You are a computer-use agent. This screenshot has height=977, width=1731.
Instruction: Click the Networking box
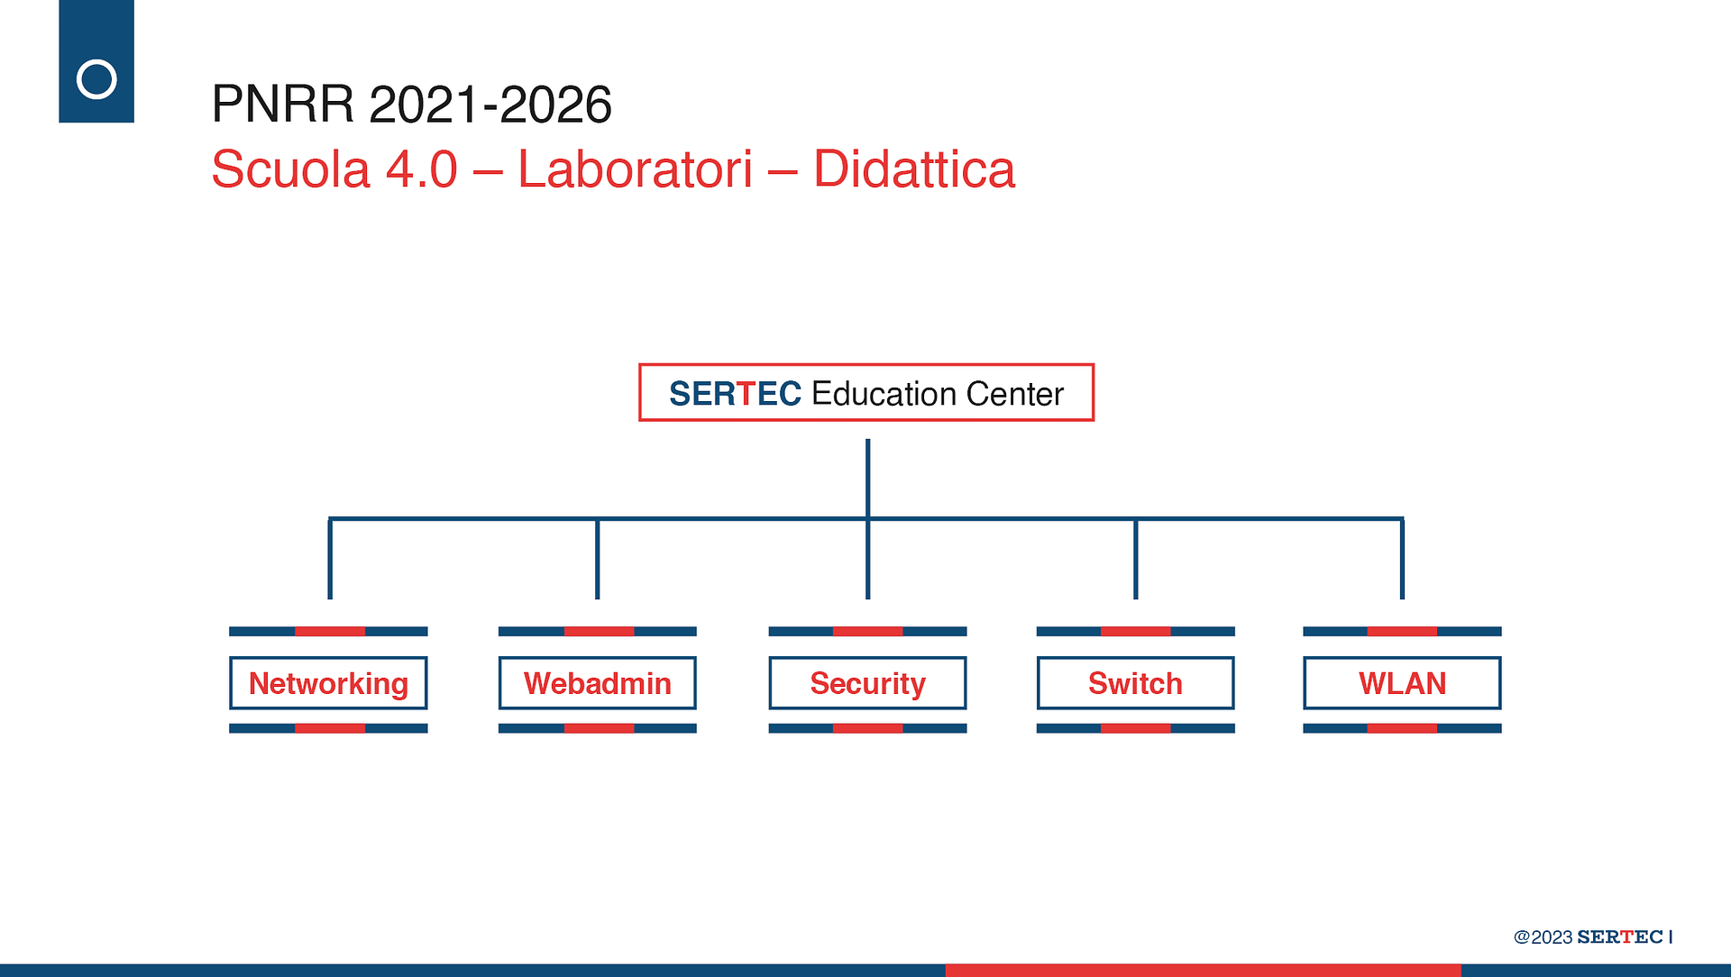(328, 683)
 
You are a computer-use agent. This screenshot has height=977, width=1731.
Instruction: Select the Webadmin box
(597, 683)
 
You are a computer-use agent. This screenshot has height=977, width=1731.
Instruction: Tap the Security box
(867, 683)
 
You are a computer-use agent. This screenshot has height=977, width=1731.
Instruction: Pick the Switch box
(1135, 683)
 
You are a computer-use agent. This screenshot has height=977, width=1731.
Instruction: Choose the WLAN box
(1402, 683)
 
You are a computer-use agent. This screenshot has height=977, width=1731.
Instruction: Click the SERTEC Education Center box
(866, 392)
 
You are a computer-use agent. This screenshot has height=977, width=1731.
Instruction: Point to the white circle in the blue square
(96, 79)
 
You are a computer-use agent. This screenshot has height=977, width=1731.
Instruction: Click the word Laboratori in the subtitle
(635, 169)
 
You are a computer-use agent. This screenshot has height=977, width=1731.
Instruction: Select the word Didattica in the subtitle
(914, 169)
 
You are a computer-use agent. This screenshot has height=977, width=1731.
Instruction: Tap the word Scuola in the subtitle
(290, 169)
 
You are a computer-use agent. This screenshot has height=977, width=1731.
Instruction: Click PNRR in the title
(283, 105)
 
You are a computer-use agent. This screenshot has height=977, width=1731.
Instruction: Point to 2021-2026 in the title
(490, 105)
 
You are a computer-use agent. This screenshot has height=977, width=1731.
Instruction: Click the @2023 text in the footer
(1543, 937)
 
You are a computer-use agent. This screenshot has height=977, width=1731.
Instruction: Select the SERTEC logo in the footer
(1620, 937)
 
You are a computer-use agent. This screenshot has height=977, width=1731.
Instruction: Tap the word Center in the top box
(1014, 394)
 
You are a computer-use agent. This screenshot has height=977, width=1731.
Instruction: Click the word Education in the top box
(884, 394)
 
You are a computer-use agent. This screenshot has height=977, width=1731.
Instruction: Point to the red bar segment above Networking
(330, 632)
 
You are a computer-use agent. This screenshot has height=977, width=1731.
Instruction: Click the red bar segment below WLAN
(1402, 728)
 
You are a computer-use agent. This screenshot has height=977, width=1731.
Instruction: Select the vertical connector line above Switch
(1135, 559)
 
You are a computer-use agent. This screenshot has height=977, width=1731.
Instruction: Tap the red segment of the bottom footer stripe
(1203, 971)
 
